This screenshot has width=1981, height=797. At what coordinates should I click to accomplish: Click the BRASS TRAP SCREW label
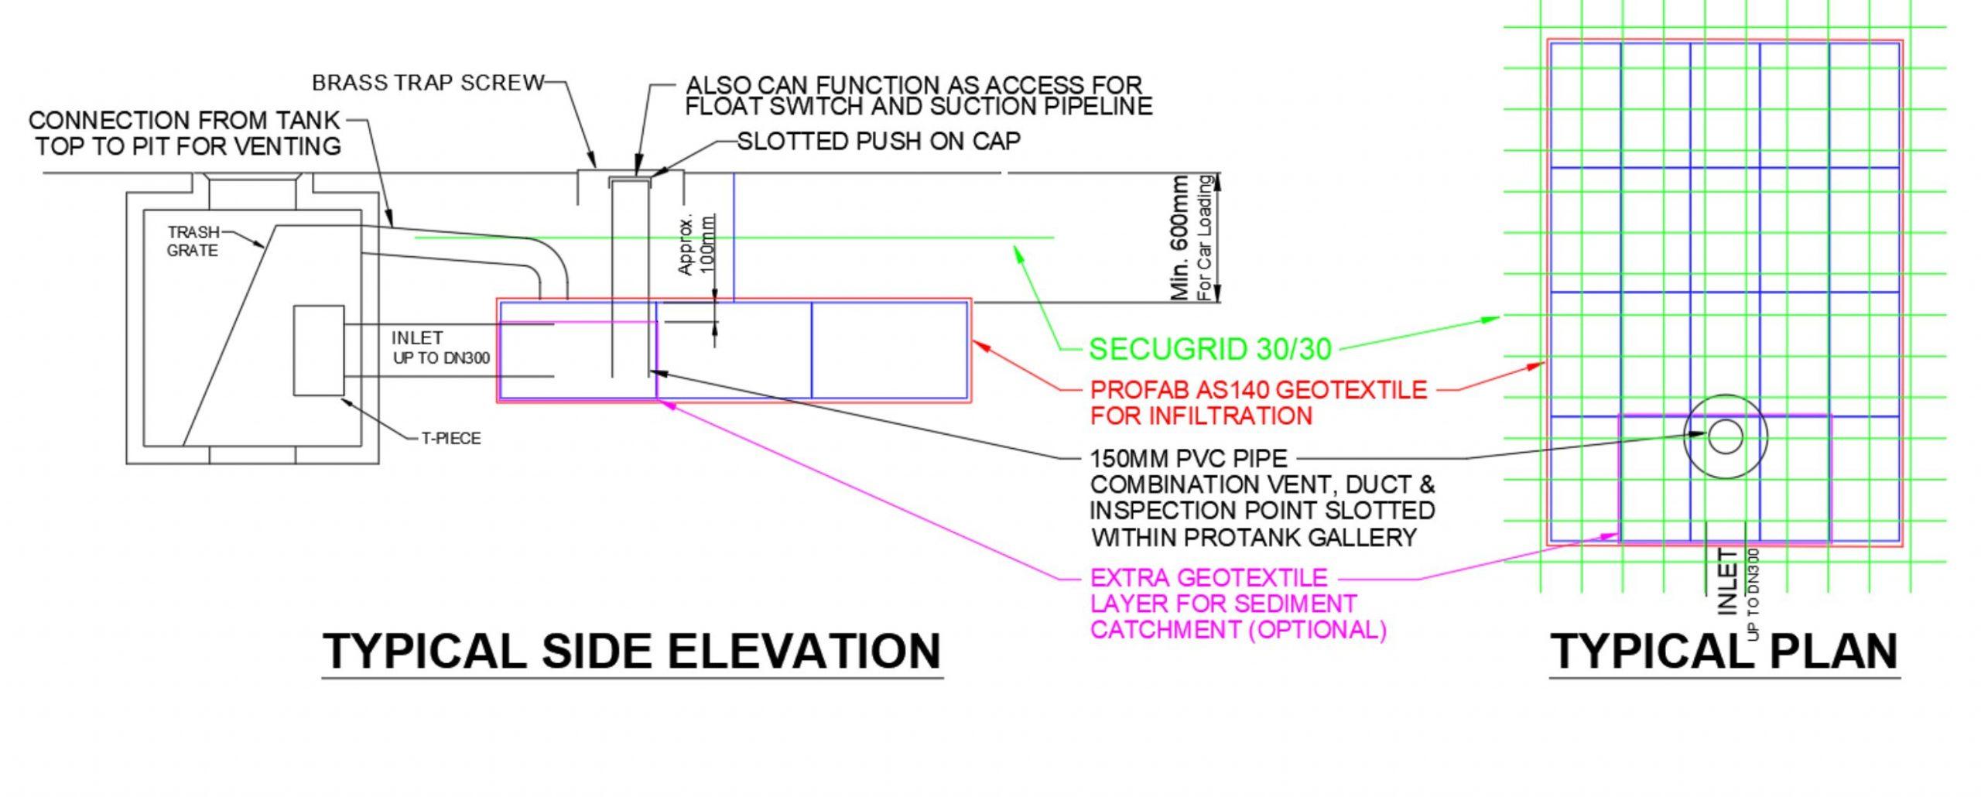pos(428,83)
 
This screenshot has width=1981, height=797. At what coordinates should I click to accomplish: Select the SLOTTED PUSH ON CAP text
pos(878,142)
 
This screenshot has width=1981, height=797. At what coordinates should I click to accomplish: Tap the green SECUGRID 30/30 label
pos(1210,350)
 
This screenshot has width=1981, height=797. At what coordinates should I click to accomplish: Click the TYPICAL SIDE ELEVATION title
pos(631,651)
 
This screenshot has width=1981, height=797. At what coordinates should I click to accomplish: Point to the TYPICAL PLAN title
pos(1724,651)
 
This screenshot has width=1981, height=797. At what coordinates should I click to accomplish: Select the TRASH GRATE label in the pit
pos(193,241)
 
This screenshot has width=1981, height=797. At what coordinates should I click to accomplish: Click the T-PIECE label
pos(451,439)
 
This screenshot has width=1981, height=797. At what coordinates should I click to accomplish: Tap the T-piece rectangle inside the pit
pos(318,351)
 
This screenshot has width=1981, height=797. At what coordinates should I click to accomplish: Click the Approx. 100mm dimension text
pos(696,244)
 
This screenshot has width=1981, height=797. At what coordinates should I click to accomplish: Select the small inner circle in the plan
pos(1725,436)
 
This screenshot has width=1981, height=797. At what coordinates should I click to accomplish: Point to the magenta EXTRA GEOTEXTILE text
pos(1208,578)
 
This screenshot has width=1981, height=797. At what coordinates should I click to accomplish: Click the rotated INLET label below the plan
pos(1728,581)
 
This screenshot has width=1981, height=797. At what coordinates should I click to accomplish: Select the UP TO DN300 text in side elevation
pos(441,358)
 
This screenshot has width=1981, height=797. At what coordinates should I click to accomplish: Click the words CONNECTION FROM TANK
pos(184,121)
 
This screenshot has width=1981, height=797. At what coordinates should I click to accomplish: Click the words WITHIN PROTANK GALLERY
pos(1254,537)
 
